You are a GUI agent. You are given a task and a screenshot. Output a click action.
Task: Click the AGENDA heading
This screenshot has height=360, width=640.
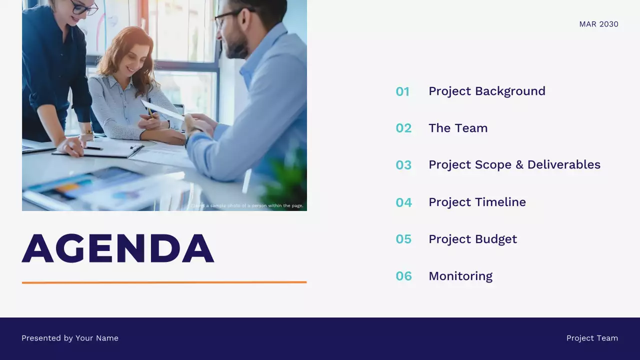(x=118, y=248)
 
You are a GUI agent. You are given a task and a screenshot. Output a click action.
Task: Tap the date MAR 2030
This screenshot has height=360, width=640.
(x=598, y=24)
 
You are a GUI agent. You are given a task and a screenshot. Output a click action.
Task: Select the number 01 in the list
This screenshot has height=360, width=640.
(x=402, y=91)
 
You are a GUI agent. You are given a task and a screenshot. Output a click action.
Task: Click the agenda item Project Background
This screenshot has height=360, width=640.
(x=486, y=91)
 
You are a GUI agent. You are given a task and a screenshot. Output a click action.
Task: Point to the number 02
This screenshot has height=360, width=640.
(x=403, y=128)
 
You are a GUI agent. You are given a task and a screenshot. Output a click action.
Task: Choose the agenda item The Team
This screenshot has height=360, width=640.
(x=457, y=128)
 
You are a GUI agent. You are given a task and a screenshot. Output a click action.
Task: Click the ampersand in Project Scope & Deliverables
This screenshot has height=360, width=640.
(x=519, y=165)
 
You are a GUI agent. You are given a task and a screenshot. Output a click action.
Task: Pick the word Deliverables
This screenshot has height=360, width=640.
(x=563, y=165)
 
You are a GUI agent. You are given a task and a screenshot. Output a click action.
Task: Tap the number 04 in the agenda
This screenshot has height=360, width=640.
(x=403, y=202)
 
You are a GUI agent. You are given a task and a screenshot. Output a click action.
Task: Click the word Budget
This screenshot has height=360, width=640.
(x=495, y=239)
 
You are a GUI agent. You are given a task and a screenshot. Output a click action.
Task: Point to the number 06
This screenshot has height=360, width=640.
(x=403, y=276)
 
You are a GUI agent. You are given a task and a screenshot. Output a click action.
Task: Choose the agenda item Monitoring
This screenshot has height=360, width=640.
(x=460, y=276)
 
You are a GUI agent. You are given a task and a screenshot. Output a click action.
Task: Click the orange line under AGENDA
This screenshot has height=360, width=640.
(x=164, y=282)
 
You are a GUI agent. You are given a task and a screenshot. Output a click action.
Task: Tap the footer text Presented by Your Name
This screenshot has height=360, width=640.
(x=70, y=338)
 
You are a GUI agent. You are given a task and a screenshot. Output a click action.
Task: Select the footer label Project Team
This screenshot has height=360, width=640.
(x=592, y=338)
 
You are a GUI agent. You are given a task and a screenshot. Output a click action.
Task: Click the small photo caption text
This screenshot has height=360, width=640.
(x=247, y=205)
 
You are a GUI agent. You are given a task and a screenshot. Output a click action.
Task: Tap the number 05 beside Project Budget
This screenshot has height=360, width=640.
(x=403, y=239)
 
